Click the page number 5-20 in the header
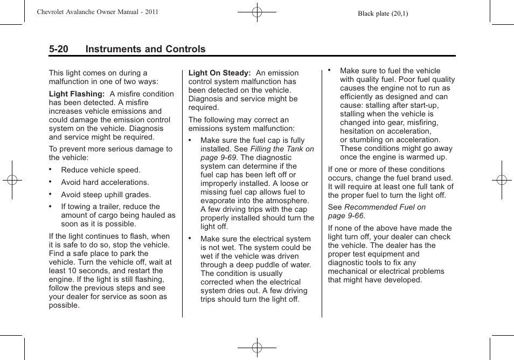(59, 50)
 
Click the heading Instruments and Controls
(145, 50)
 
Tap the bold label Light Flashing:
(77, 94)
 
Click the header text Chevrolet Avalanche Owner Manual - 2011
(98, 12)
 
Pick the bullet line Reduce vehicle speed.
(100, 170)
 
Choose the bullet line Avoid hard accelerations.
(105, 182)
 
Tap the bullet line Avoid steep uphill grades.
(106, 195)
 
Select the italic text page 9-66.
(346, 216)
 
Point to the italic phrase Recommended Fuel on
(385, 207)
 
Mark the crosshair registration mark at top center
(257, 11)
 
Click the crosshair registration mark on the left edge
(12, 180)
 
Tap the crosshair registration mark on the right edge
(501, 180)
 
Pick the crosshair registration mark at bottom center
(257, 348)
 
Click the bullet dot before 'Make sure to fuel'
(330, 70)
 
